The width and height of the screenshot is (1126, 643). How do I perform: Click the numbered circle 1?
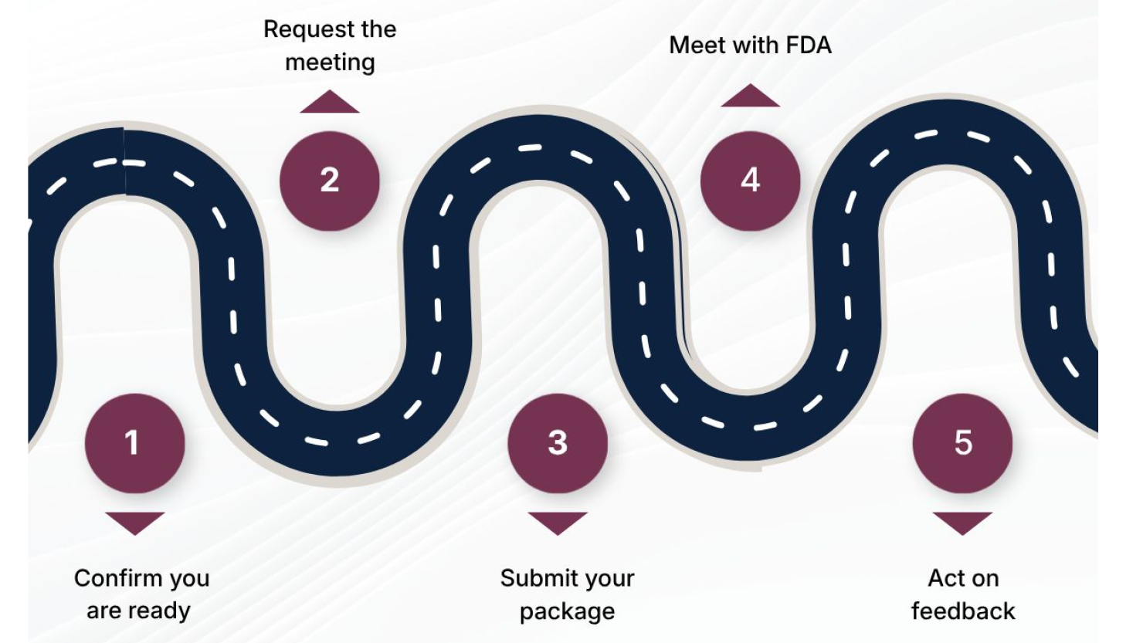pos(134,443)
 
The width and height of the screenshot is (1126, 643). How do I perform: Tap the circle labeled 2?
pos(329,181)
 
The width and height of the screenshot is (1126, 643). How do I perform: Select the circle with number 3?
pos(558,443)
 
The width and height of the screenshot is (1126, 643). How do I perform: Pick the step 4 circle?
pos(750,181)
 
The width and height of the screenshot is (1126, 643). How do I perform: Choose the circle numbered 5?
pos(962,443)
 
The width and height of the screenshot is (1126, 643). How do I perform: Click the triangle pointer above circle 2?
pos(330,103)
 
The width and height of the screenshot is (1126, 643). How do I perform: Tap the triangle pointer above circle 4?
pos(751,96)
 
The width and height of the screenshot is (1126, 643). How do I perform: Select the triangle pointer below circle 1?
pos(134,523)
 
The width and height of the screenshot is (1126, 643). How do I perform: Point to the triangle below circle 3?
pos(558,523)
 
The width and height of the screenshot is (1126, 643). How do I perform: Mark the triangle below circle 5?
pos(962,523)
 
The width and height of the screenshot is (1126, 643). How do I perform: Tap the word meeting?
pos(331,63)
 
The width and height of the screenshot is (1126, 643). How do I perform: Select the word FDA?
pos(809,46)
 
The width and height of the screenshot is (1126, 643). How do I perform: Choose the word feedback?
pos(963,611)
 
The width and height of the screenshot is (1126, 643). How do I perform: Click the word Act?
pos(943,577)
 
